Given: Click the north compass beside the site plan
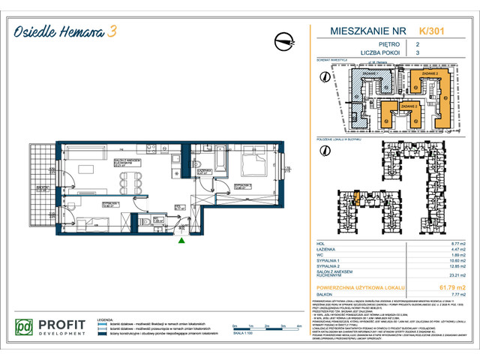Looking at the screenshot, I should click(324, 76).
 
